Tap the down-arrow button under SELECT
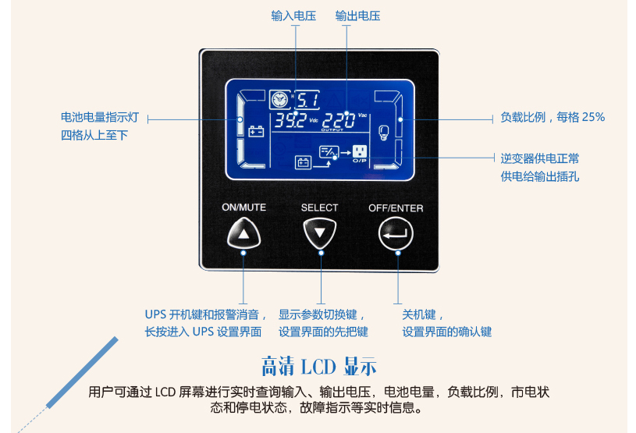pyautogui.click(x=320, y=232)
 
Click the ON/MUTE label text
pyautogui.click(x=244, y=208)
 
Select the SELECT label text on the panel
pyautogui.click(x=320, y=208)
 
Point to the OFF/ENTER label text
pyautogui.click(x=396, y=208)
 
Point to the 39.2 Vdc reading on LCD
pyautogui.click(x=289, y=122)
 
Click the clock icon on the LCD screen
pyautogui.click(x=279, y=100)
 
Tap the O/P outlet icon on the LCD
pyautogui.click(x=359, y=152)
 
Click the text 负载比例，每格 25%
pyautogui.click(x=553, y=117)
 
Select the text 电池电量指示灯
pyautogui.click(x=100, y=117)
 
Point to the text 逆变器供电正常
pyautogui.click(x=540, y=158)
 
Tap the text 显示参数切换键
pyautogui.click(x=321, y=315)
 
